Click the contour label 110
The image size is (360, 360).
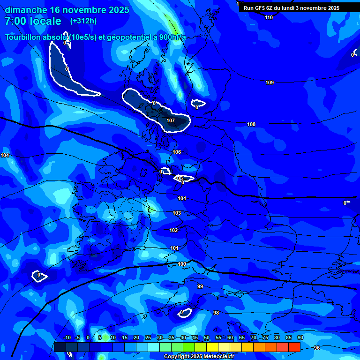(269, 17)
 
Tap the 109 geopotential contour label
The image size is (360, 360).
(270, 82)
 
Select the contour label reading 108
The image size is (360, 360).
(251, 124)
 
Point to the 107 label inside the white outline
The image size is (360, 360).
(171, 120)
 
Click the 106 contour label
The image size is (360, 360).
(177, 152)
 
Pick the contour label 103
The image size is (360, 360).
(177, 213)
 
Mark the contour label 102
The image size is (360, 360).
(173, 230)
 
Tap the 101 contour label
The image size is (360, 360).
(174, 248)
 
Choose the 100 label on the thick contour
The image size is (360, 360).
(182, 264)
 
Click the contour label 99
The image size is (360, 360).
(200, 286)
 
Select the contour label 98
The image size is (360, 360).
(216, 313)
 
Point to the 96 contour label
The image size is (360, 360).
(317, 348)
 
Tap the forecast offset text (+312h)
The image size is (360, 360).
(83, 21)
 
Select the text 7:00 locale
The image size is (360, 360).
(33, 21)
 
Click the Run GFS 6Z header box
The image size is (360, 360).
(292, 8)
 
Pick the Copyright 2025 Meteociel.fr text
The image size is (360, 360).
(198, 357)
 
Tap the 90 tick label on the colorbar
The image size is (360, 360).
(300, 337)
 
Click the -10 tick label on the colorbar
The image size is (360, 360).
(67, 337)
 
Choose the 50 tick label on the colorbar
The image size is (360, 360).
(207, 337)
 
